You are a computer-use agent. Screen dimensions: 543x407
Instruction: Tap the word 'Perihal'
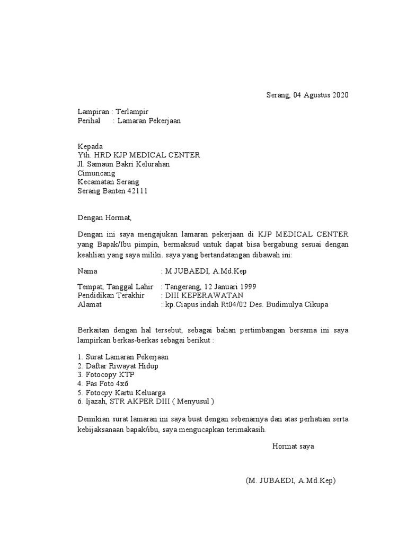tap(89, 121)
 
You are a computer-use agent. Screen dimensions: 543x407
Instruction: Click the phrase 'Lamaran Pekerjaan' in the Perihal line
tap(149, 121)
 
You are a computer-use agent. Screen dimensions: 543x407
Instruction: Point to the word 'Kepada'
tap(90, 146)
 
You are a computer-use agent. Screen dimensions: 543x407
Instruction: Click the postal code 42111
tap(137, 191)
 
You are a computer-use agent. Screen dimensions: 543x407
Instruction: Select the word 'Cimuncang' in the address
tap(96, 173)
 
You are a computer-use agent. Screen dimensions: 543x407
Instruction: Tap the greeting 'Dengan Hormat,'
tap(104, 217)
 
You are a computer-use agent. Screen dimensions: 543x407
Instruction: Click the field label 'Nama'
tap(87, 271)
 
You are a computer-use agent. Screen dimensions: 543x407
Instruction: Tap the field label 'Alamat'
tap(89, 304)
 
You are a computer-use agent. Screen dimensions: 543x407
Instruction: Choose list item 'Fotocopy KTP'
tap(109, 374)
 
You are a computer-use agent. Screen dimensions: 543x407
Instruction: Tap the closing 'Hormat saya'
tap(293, 446)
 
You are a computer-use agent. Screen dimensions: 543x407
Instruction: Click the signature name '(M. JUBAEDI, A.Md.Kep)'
tap(290, 481)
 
